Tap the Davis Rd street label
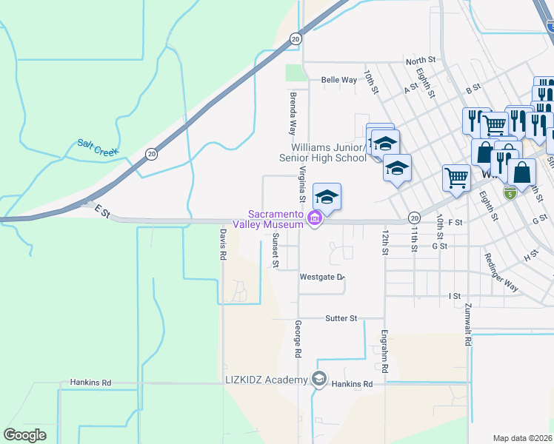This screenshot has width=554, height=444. (x=221, y=243)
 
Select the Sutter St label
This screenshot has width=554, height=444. (x=341, y=318)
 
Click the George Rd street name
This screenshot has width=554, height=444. (x=298, y=339)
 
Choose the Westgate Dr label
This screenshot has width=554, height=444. (x=322, y=277)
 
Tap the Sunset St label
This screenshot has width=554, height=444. (x=275, y=249)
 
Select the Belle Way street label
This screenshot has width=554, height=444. (x=339, y=80)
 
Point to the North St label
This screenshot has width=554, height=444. (x=420, y=60)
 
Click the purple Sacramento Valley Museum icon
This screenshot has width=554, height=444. (x=315, y=220)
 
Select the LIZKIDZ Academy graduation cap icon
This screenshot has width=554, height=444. (x=319, y=380)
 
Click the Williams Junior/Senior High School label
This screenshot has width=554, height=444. (x=321, y=152)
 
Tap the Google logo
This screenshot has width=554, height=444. (x=25, y=435)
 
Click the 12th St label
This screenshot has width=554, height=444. (x=385, y=241)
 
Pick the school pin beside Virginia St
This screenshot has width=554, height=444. (x=327, y=198)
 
